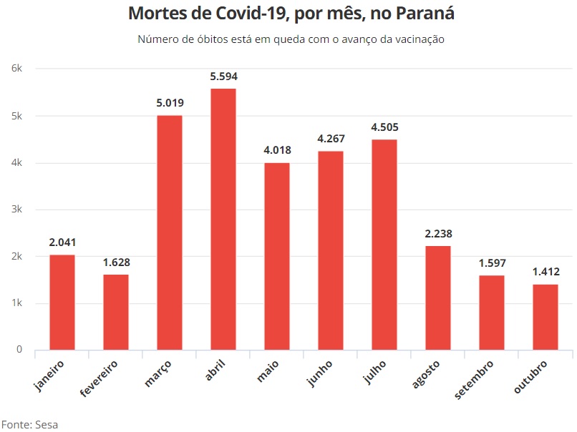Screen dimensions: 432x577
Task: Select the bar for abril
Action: click(x=223, y=219)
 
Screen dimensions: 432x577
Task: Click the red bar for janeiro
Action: click(x=62, y=302)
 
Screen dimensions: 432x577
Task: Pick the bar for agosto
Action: click(x=437, y=298)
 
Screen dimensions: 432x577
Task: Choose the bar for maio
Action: click(x=276, y=256)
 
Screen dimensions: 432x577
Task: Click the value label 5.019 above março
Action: click(x=170, y=103)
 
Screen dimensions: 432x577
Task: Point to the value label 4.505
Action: click(x=384, y=127)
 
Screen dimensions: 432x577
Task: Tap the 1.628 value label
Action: click(x=116, y=262)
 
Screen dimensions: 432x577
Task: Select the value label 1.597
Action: click(x=492, y=263)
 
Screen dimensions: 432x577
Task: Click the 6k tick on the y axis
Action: click(x=17, y=69)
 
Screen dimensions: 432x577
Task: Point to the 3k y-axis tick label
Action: click(x=17, y=210)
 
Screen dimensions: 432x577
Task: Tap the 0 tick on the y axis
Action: click(x=19, y=350)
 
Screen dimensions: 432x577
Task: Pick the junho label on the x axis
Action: click(x=321, y=373)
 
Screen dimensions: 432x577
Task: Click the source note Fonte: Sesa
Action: click(x=29, y=424)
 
